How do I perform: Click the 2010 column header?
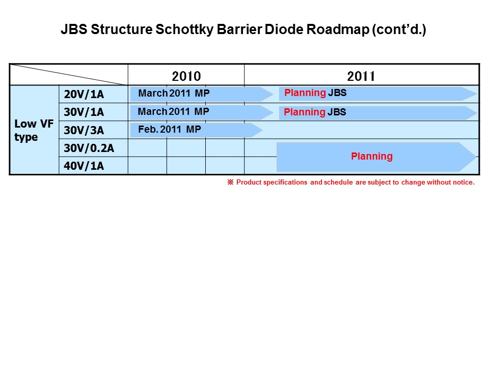coord(186,76)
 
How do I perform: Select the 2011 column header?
coord(361,76)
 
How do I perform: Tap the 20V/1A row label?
coord(84,95)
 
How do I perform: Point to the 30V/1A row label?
coord(84,112)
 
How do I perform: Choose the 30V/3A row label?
coord(84,130)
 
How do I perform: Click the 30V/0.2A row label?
coord(89,148)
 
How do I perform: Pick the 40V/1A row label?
coord(84,166)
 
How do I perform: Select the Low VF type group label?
coord(34,130)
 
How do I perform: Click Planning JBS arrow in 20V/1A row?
coord(377,94)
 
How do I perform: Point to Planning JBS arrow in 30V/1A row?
coord(377,112)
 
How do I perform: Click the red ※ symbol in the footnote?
coord(230,182)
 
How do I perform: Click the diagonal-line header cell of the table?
coord(69,74)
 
